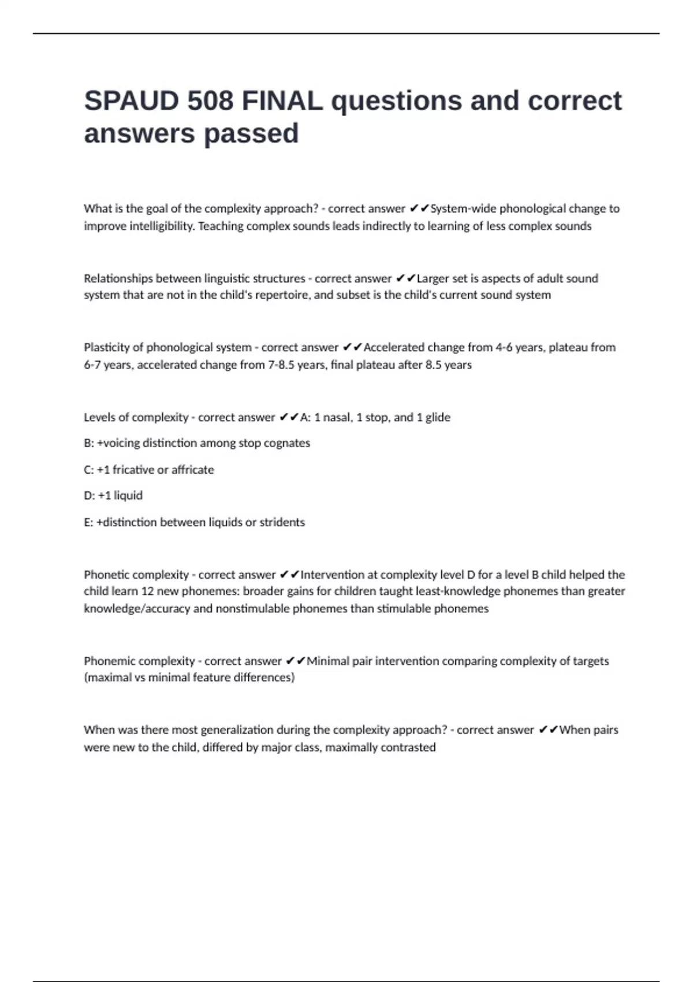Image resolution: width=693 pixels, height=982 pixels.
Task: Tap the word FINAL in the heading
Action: (282, 101)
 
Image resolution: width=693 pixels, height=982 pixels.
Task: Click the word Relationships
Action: (118, 278)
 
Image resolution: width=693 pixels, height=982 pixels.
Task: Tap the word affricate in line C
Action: (192, 470)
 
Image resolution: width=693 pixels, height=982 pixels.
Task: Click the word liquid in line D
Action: (128, 496)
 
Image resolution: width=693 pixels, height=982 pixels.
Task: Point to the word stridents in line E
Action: (282, 522)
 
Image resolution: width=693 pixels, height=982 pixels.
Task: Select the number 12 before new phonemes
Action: (147, 592)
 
